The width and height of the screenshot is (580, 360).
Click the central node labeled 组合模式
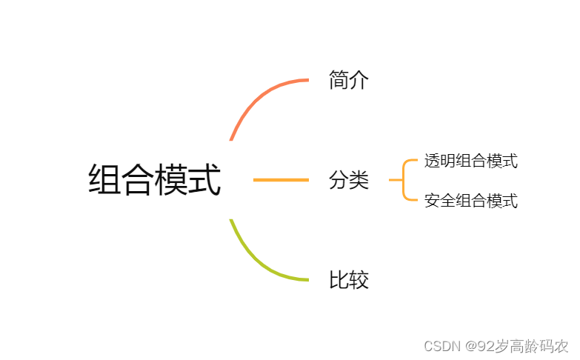click(x=154, y=180)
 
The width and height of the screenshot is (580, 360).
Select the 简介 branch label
click(x=348, y=80)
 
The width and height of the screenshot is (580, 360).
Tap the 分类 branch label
click(x=348, y=180)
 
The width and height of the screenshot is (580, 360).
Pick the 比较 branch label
click(x=348, y=280)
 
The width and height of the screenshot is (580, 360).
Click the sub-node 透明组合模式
click(x=470, y=161)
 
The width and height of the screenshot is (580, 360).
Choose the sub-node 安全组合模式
click(x=470, y=200)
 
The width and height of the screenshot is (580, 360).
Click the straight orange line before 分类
click(x=281, y=180)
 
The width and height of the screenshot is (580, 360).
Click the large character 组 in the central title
click(x=104, y=180)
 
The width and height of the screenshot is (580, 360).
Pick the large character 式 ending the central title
click(x=204, y=180)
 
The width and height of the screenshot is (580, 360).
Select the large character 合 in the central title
click(x=138, y=180)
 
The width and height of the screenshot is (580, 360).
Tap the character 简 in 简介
click(x=339, y=80)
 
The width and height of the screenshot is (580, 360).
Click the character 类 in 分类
click(x=359, y=180)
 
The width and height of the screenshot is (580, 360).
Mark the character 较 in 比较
click(x=359, y=280)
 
